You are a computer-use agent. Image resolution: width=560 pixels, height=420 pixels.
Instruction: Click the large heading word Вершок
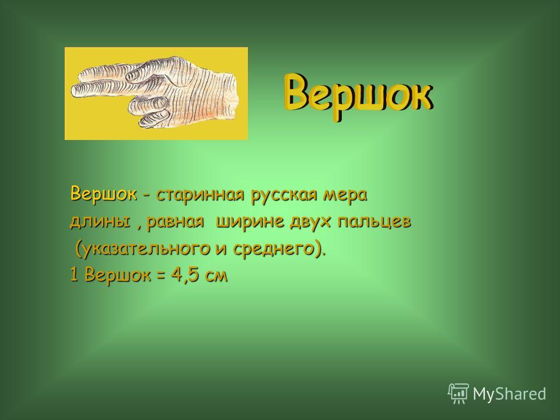point(358,96)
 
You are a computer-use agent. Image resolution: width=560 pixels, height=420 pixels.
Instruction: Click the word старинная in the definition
point(201,195)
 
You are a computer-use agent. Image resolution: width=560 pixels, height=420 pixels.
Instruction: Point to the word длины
point(100,222)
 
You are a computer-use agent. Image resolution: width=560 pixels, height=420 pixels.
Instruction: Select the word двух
point(311,222)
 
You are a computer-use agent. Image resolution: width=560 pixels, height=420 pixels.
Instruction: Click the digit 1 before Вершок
point(74,275)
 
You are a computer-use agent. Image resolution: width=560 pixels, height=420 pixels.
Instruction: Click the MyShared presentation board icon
point(459,394)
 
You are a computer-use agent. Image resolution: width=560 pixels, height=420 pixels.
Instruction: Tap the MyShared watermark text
point(509,394)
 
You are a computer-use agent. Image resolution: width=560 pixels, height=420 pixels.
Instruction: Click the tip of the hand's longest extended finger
point(72,90)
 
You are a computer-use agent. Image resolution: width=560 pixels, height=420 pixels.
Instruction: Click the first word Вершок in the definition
point(104,194)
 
